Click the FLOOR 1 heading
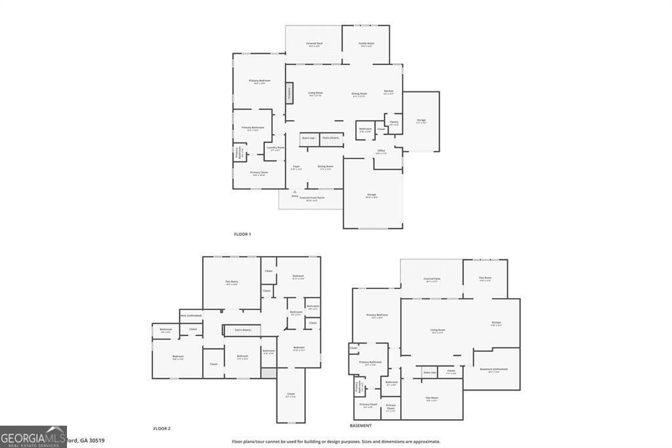242,234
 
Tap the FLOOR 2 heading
161,428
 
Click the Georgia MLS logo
33,437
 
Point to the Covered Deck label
314,44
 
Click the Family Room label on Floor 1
366,44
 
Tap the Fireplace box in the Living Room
289,93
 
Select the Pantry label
394,122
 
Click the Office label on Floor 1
381,151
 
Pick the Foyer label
297,167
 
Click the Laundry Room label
275,148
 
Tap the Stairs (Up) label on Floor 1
308,138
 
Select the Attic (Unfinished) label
191,315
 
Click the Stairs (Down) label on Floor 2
242,330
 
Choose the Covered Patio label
431,279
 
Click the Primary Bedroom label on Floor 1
259,81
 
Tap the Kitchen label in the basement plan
496,323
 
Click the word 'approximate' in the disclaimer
425,441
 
